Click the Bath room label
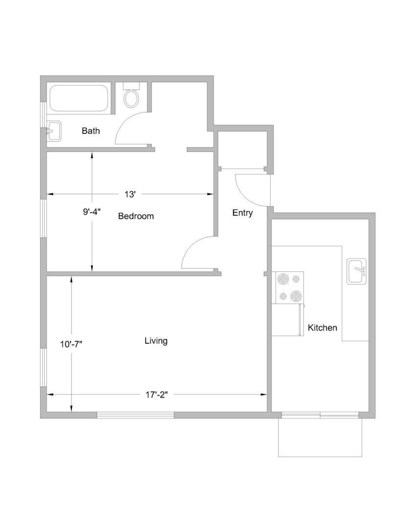click(90, 131)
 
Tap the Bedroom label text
click(136, 216)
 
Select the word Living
click(156, 341)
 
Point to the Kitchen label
click(322, 328)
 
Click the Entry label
click(242, 213)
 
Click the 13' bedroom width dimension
click(130, 194)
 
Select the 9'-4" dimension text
click(92, 212)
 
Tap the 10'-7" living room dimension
click(71, 344)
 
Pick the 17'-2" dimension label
click(156, 395)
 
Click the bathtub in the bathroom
click(79, 98)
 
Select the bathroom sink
click(54, 131)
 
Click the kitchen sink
click(357, 271)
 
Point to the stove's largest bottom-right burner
click(295, 296)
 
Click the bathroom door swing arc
click(124, 122)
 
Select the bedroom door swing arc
click(190, 246)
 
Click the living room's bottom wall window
click(135, 415)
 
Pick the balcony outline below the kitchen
click(320, 457)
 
